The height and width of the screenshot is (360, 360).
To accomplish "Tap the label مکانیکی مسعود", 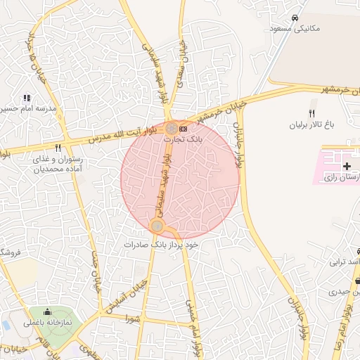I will [295, 29].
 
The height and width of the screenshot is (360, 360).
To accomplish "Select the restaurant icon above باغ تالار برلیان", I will [312, 113].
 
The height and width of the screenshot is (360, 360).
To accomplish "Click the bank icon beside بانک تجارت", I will [184, 129].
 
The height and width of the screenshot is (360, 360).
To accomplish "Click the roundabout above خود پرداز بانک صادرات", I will [157, 226].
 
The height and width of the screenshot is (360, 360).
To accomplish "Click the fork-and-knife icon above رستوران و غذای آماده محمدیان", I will [58, 148].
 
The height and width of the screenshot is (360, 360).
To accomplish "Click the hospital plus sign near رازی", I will [347, 166].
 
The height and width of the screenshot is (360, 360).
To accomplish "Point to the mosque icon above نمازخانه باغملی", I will [49, 312].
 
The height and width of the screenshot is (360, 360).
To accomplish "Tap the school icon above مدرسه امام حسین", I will [27, 98].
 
